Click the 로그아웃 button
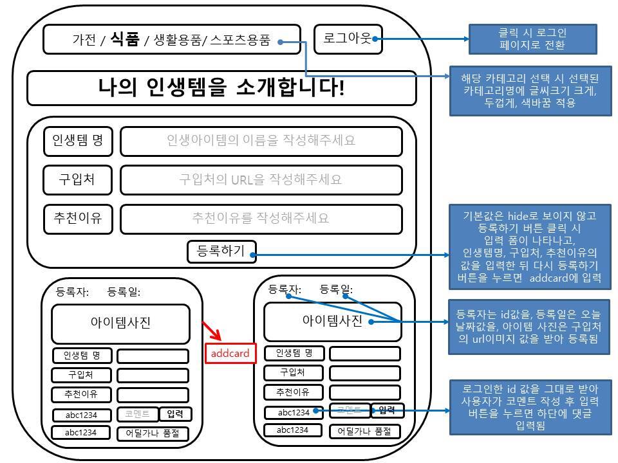[x=348, y=39]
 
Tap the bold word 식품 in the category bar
[x=125, y=40]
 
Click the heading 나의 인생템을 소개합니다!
[x=221, y=87]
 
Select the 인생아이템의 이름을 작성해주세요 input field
[x=261, y=141]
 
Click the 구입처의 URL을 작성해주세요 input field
[x=261, y=179]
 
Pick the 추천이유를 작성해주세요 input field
[x=261, y=219]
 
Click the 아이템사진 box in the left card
[x=120, y=323]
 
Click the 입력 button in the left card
[x=175, y=414]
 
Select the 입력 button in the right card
[x=387, y=410]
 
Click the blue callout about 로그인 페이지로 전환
[x=532, y=39]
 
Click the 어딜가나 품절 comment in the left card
[x=153, y=433]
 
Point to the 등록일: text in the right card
[x=336, y=289]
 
